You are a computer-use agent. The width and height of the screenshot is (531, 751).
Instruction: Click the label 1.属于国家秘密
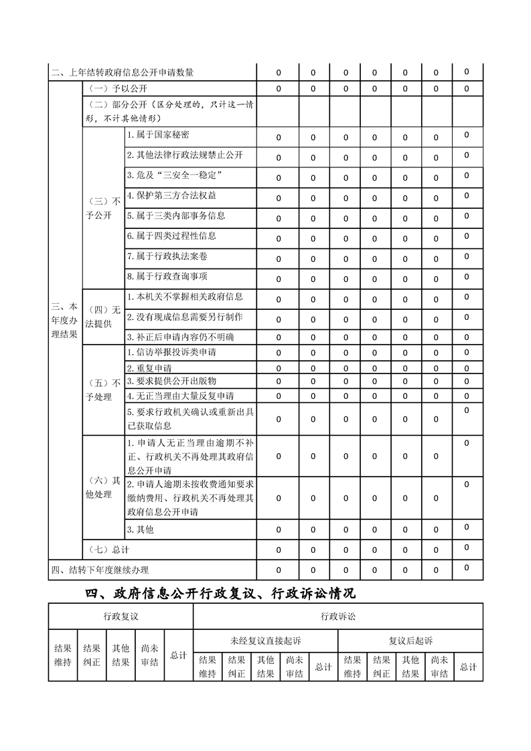click(x=158, y=135)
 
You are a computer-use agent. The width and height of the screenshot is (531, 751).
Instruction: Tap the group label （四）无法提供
click(x=102, y=317)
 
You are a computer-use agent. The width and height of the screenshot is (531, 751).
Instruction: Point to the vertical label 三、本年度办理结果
click(x=65, y=319)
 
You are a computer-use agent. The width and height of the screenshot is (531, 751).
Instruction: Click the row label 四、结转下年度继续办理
click(x=100, y=570)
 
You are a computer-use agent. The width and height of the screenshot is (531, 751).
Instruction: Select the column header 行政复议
click(x=121, y=616)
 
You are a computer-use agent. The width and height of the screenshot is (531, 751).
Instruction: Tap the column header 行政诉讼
click(x=338, y=616)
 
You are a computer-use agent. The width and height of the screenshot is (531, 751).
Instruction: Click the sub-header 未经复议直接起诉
click(x=265, y=641)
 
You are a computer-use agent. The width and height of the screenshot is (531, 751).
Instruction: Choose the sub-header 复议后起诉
click(x=410, y=641)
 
